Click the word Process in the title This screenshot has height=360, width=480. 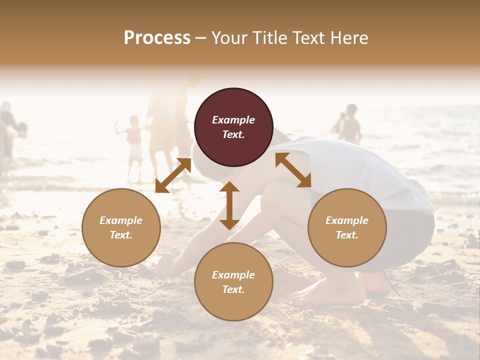[x=157, y=38]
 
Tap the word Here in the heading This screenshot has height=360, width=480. [x=348, y=38]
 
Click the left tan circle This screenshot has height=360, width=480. [x=121, y=227]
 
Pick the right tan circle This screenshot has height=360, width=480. [x=347, y=227]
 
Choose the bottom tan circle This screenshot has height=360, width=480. [x=233, y=281]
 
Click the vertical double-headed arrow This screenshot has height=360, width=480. [x=229, y=205]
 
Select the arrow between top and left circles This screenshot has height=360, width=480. [x=173, y=175]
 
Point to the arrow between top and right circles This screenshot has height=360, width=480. [x=293, y=170]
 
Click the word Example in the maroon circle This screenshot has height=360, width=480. [x=233, y=120]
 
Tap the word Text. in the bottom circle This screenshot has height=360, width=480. [x=233, y=289]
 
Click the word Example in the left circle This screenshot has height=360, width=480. [x=121, y=220]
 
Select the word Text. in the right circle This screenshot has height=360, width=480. [x=347, y=235]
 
